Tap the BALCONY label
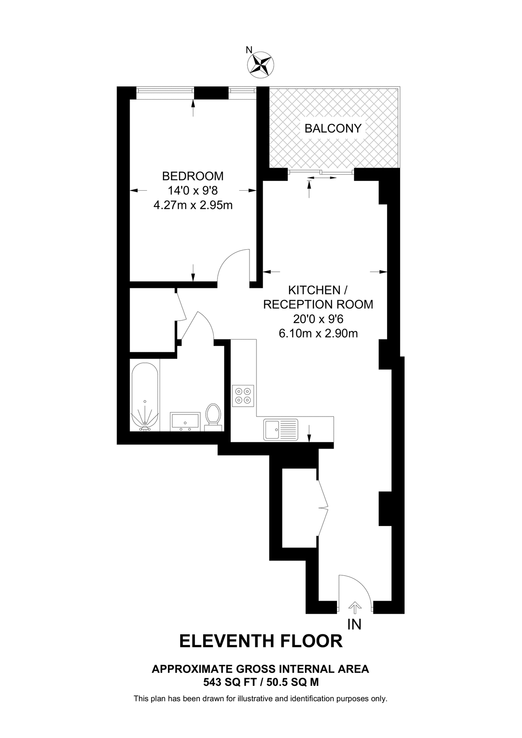point(333,128)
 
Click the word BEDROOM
point(193,176)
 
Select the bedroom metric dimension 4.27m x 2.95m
point(193,205)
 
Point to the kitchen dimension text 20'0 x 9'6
point(318,319)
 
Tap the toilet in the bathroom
point(213,416)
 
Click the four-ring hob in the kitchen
point(243,396)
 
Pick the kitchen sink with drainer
point(281,429)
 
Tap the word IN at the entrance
point(354,624)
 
